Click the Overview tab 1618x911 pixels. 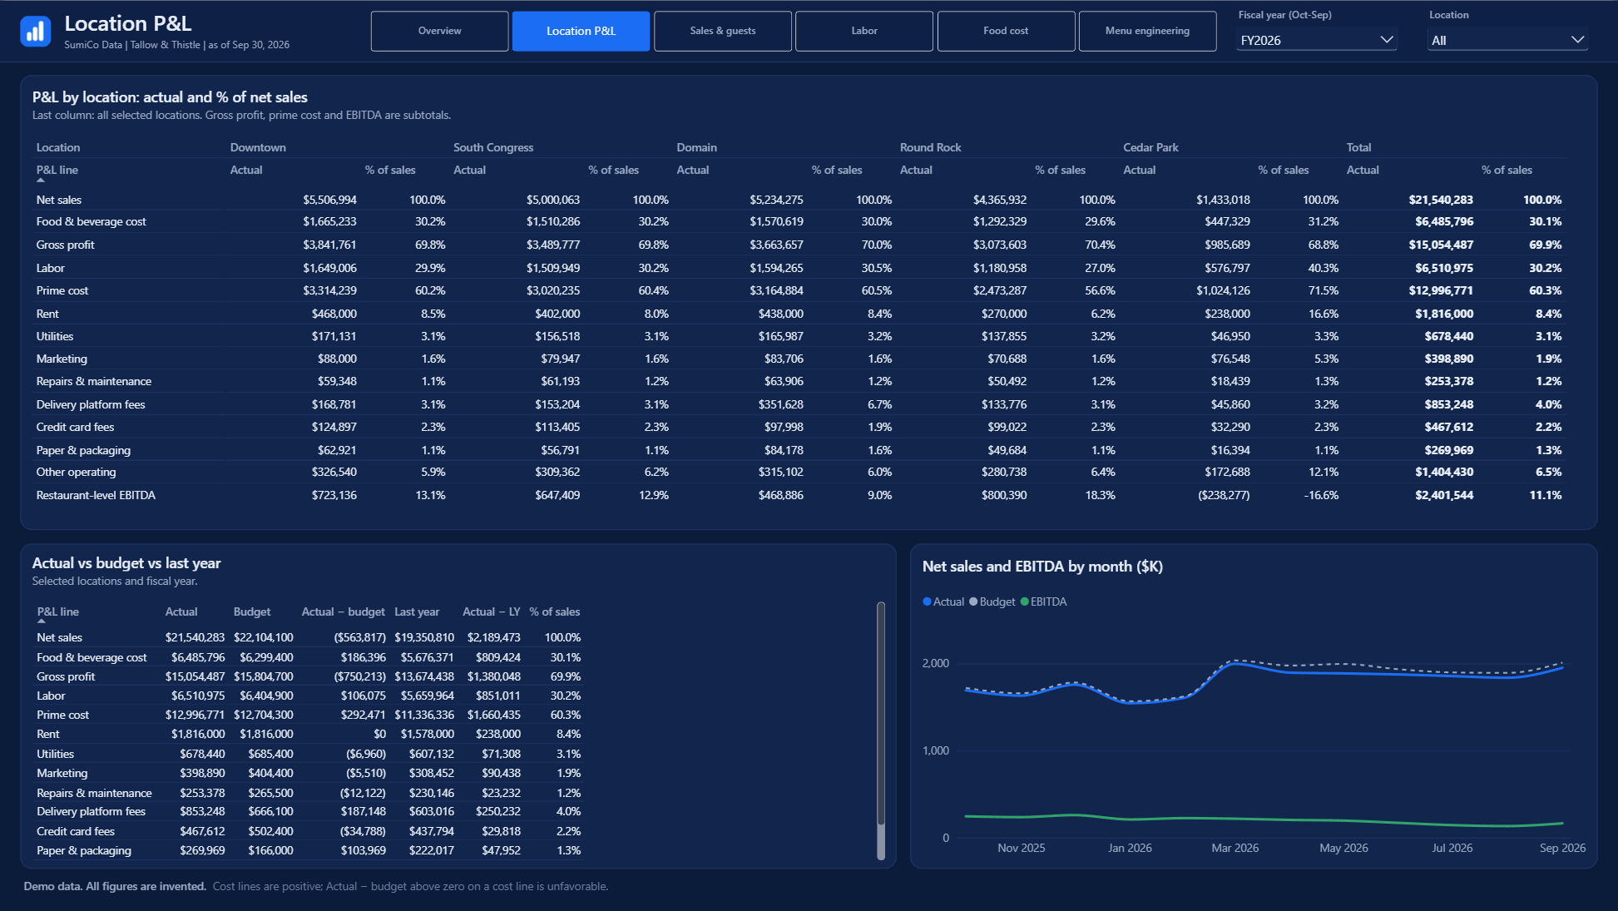[x=439, y=31]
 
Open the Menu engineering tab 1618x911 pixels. [x=1147, y=31]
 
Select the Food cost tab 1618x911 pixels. [x=1006, y=31]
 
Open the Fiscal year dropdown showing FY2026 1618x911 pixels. [x=1316, y=40]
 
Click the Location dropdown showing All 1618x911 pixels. [x=1507, y=40]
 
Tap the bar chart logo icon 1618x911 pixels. [x=35, y=32]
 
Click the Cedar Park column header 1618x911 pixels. [x=1150, y=147]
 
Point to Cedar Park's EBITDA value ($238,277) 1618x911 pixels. [x=1224, y=495]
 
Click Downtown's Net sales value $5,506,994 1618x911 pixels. [x=329, y=200]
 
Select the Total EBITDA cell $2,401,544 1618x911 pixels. [x=1444, y=495]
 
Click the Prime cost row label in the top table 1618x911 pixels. [x=62, y=290]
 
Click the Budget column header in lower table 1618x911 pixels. [x=252, y=611]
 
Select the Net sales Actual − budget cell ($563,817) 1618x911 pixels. [x=359, y=637]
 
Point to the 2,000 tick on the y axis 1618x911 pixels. [x=935, y=663]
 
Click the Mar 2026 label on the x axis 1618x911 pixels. [x=1235, y=848]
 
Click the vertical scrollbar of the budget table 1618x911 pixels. [x=881, y=730]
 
